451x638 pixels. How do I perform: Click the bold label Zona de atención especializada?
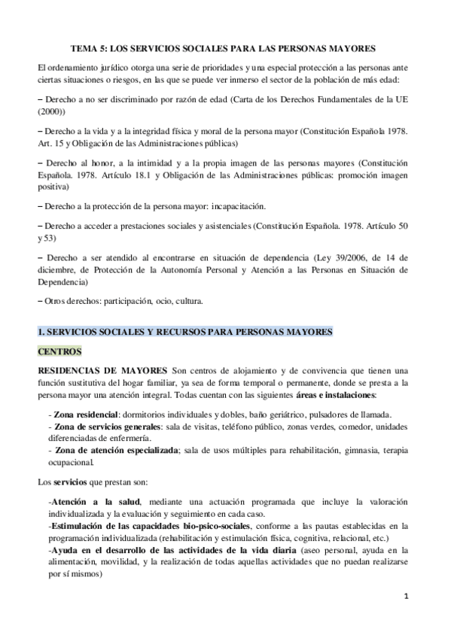[x=114, y=451]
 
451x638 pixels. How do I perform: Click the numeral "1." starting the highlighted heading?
[x=42, y=330]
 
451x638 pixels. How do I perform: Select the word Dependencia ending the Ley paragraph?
[x=62, y=282]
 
